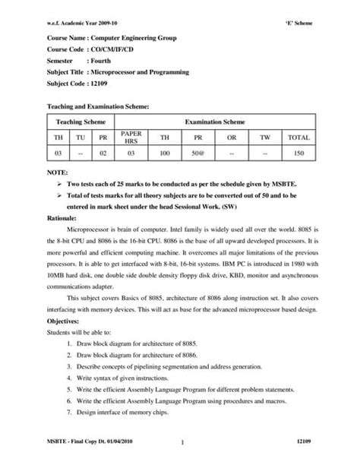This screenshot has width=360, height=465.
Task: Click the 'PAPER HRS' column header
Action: click(x=131, y=138)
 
